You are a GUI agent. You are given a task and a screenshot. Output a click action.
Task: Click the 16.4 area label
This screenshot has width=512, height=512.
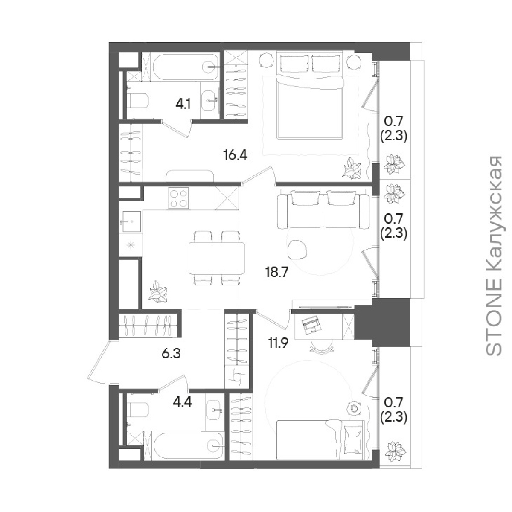coord(236,155)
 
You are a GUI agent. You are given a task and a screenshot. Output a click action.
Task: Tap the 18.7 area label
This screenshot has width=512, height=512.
coord(277,272)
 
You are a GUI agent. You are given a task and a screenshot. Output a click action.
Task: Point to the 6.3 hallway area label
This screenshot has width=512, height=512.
coord(171,354)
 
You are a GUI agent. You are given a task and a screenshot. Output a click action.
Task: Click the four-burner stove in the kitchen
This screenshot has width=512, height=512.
coord(178,199)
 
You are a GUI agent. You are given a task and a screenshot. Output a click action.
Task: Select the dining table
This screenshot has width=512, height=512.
coord(217,258)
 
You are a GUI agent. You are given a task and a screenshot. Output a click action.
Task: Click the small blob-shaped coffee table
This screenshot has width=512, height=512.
coord(298,250)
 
